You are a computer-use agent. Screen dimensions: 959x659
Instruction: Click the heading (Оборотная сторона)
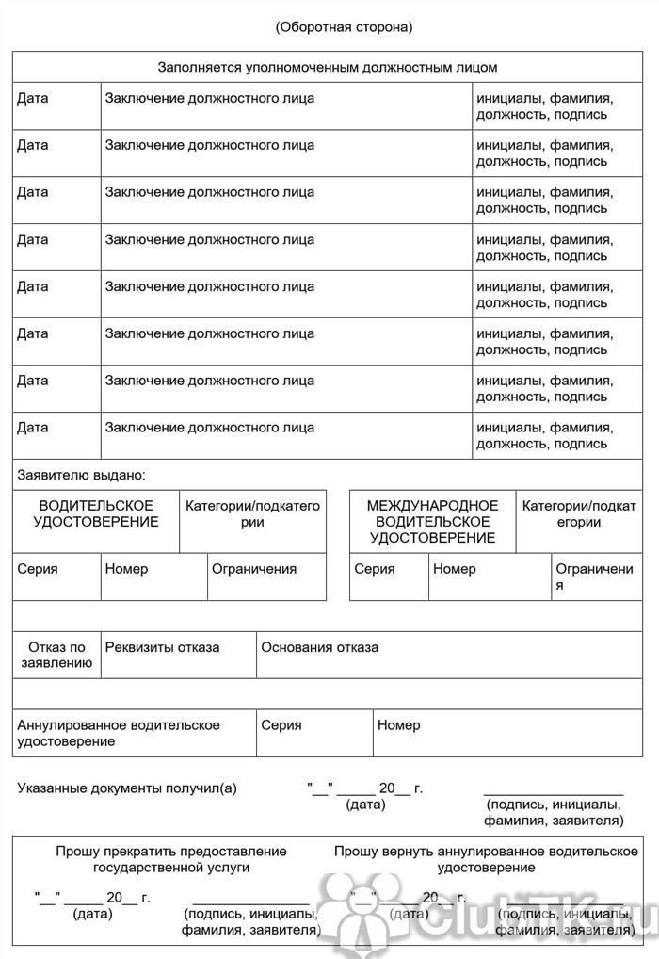(x=344, y=27)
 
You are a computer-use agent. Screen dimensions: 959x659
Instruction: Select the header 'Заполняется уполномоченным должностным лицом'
(x=327, y=67)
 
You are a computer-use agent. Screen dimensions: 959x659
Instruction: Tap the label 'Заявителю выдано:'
(x=82, y=475)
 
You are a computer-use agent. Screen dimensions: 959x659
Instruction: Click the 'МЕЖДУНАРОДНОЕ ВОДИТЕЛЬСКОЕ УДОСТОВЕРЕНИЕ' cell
(x=432, y=522)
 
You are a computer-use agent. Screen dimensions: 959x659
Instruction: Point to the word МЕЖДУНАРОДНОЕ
(x=432, y=506)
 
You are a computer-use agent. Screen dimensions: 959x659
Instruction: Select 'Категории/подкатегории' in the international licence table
(x=578, y=514)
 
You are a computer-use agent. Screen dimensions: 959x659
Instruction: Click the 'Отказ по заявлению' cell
(x=56, y=655)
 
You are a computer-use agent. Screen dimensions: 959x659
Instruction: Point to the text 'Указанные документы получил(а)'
(x=127, y=788)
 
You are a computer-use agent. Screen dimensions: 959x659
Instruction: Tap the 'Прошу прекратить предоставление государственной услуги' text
(x=171, y=859)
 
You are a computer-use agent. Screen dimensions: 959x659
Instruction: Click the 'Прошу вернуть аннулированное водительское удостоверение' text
(x=486, y=859)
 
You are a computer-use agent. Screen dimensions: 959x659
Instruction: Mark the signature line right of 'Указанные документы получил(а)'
(x=554, y=793)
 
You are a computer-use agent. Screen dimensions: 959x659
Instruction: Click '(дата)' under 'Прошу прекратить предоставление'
(x=92, y=914)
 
